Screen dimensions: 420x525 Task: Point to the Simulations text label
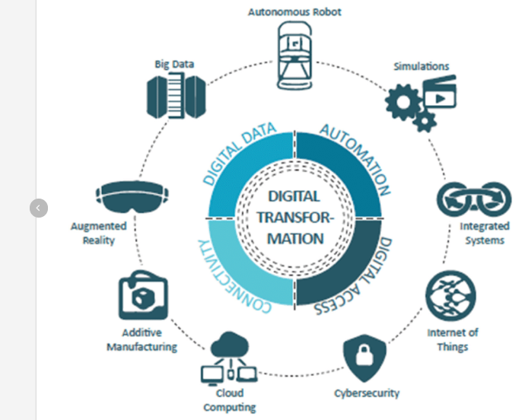click(x=422, y=66)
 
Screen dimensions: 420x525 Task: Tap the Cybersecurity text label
click(x=367, y=393)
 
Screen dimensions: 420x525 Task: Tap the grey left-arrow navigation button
click(x=39, y=207)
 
